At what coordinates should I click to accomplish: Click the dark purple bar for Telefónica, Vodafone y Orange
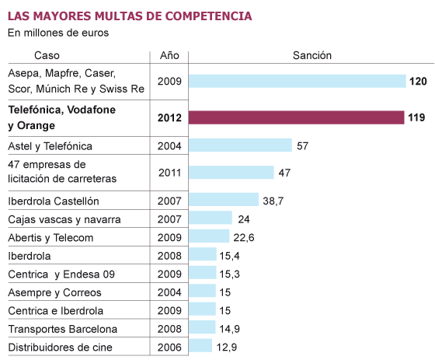[x=296, y=117]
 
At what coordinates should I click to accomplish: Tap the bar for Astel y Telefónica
[x=240, y=145]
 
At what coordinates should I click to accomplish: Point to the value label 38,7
[x=273, y=201]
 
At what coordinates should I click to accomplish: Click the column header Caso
[x=47, y=55]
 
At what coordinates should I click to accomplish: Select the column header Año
[x=169, y=55]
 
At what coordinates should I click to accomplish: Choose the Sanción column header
[x=311, y=55]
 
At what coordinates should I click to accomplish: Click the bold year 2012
[x=169, y=117]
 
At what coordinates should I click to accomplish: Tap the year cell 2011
[x=169, y=173]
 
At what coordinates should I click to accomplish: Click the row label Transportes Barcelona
[x=62, y=328]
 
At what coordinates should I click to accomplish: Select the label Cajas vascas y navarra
[x=64, y=219]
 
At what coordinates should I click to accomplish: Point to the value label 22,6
[x=245, y=236]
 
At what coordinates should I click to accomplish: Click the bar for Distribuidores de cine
[x=200, y=345]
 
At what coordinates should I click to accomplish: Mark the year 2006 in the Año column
[x=169, y=346]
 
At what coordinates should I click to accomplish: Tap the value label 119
[x=416, y=117]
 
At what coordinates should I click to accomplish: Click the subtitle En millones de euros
[x=58, y=33]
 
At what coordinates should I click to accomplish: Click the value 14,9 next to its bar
[x=231, y=327]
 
